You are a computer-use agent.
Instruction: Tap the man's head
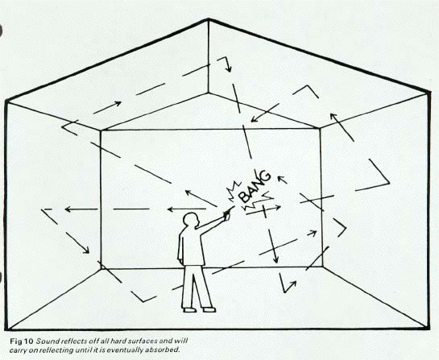191,222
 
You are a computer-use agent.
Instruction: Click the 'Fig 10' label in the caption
18,331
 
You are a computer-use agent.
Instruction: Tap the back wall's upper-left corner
101,130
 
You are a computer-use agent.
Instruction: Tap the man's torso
191,250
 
